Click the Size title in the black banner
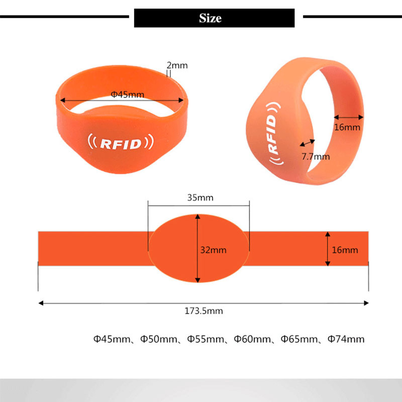(x=210, y=19)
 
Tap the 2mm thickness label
(x=176, y=65)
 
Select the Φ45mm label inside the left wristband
(x=127, y=94)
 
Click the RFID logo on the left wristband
(x=121, y=144)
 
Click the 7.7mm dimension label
(x=316, y=156)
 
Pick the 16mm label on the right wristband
(x=347, y=127)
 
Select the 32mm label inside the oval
(x=214, y=249)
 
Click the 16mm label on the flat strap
(x=345, y=250)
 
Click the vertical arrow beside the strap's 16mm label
(x=328, y=249)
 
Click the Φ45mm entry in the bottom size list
(x=111, y=339)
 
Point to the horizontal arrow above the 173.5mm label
(x=204, y=303)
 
